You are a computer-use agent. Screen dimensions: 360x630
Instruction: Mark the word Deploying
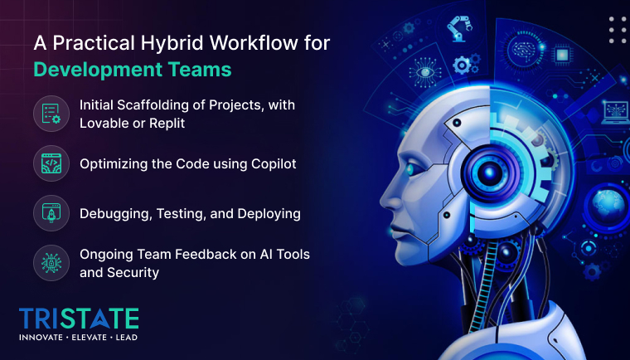coord(269,213)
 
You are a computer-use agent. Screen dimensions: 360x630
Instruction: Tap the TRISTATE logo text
coord(79,318)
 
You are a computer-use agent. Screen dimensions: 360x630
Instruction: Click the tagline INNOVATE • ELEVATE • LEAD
coord(79,338)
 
